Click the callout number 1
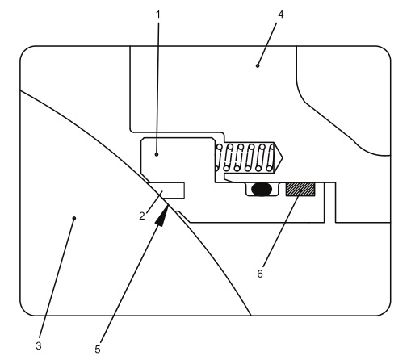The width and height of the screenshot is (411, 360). (x=157, y=15)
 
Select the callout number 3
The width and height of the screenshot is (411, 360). (x=38, y=346)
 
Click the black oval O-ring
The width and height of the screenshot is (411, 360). (x=261, y=190)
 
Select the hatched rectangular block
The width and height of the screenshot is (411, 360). (x=300, y=189)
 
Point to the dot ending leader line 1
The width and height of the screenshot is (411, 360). (x=157, y=152)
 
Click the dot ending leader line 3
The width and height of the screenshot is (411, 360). (x=74, y=217)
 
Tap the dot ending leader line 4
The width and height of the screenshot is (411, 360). (x=258, y=65)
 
